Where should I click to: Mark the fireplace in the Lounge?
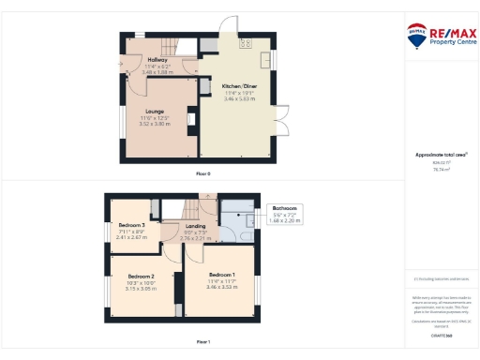[x=190, y=118]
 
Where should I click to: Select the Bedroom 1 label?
[x=221, y=274]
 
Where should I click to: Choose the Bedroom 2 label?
[x=141, y=277]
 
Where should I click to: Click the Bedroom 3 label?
[x=131, y=226]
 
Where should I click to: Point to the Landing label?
[x=196, y=226]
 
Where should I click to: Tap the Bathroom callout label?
[x=284, y=208]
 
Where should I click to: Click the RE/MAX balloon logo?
[x=416, y=36]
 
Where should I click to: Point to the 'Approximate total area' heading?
[x=440, y=155]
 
